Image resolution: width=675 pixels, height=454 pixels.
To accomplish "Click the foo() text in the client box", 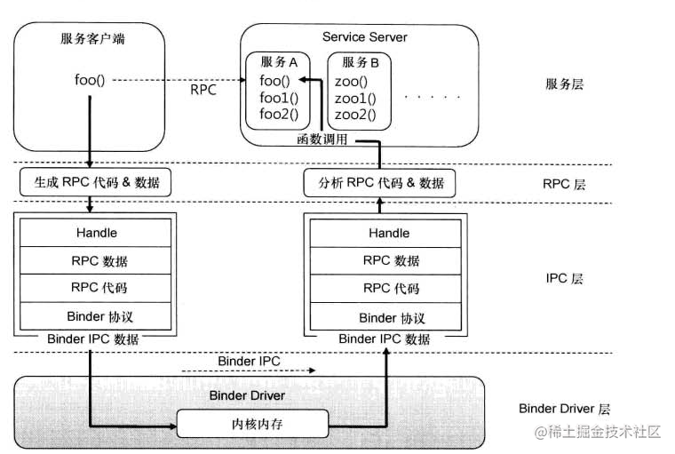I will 90,80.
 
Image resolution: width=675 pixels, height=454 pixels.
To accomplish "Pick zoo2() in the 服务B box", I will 355,114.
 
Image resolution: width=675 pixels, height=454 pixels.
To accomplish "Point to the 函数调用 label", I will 322,139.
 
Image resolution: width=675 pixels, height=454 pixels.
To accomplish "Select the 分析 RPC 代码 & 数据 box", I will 380,183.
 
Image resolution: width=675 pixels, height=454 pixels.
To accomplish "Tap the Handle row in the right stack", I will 389,233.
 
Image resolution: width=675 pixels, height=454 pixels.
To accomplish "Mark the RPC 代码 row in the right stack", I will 389,289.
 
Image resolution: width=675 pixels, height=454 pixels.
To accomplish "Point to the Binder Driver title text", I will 248,395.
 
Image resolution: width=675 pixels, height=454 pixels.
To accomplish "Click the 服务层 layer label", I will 564,85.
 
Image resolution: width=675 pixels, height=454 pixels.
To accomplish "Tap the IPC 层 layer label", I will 564,278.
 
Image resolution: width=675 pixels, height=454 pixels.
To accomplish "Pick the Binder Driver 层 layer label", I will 565,409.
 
